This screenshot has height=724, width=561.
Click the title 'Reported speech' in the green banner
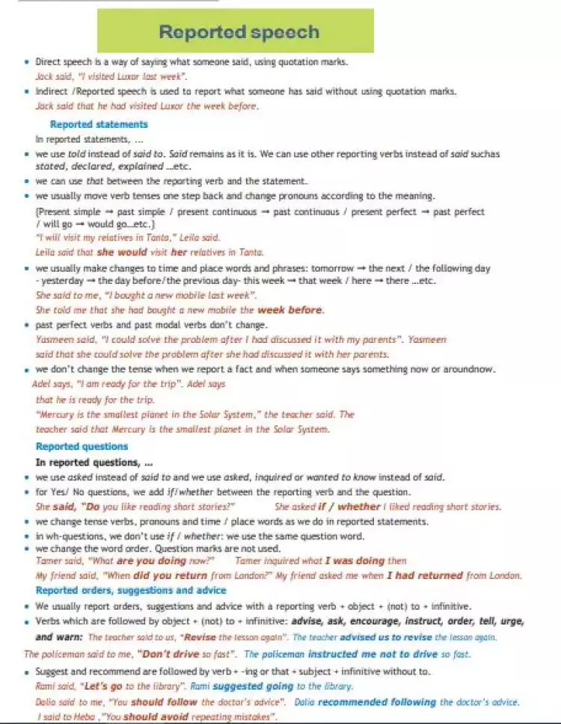pos(239,32)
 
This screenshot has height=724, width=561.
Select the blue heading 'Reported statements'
pos(99,125)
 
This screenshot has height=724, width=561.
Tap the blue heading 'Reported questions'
pos(82,447)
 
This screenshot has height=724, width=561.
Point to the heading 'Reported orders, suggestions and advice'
pos(131,590)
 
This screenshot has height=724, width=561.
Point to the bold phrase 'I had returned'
pos(425,575)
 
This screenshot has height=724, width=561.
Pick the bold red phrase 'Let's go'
pos(102,686)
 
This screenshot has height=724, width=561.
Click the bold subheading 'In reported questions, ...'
pos(94,462)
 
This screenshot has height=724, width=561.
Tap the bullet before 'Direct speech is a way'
pos(27,63)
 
